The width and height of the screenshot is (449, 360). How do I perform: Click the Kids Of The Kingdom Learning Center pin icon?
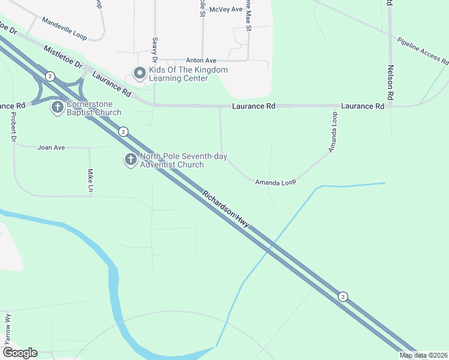point(140,74)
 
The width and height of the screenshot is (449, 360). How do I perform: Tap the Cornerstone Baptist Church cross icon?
point(58,108)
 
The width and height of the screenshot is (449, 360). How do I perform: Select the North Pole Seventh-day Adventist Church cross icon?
point(131,160)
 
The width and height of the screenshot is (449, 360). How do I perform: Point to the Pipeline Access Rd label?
point(423,51)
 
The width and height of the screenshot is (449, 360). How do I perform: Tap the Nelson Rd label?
point(391,82)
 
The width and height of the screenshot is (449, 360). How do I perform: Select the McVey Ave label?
point(226,10)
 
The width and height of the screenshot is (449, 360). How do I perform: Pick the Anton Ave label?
point(200,61)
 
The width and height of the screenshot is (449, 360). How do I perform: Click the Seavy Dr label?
point(155,51)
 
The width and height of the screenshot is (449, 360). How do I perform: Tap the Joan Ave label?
point(50,147)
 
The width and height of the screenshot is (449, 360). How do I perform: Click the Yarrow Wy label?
point(8,327)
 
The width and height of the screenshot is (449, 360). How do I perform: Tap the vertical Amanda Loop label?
point(334,131)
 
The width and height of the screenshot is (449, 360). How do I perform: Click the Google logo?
point(20,353)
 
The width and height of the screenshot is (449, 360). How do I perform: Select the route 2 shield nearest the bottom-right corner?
point(342,296)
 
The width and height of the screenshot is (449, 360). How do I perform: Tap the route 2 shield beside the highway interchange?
point(50,76)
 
